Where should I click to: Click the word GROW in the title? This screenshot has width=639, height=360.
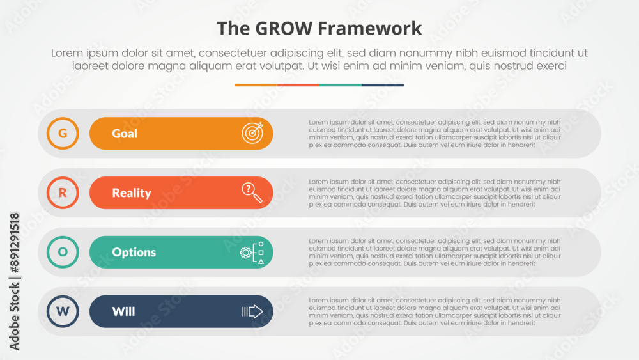pos(284,29)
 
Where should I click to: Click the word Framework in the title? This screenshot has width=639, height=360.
pos(369,29)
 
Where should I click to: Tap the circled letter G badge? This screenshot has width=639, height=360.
pos(63,133)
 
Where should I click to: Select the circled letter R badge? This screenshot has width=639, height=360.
pos(63,192)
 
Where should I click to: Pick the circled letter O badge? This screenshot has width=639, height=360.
pos(63,252)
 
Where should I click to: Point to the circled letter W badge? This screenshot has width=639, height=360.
pos(63,311)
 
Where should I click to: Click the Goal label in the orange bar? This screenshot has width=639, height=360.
pos(125,134)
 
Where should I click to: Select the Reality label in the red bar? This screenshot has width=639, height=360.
pos(132,193)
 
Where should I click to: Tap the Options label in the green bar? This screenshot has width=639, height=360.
pos(134,253)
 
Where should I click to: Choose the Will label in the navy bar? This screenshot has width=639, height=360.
pos(123,311)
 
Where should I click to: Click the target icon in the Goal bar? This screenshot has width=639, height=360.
pos(252,133)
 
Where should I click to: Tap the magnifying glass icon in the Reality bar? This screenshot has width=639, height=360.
pos(252,192)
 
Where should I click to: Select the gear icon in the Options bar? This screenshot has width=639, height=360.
pos(246,253)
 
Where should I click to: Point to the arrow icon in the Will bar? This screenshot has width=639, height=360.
pos(252,311)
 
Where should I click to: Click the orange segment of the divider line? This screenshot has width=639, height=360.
pos(256,85)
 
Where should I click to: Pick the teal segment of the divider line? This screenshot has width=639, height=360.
pos(341,85)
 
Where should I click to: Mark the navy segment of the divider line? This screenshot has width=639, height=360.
pos(383,85)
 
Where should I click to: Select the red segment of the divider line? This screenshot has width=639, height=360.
pos(298,85)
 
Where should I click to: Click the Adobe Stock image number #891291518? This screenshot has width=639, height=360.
pos(14,242)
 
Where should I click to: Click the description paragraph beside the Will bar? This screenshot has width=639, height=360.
pos(435,311)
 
